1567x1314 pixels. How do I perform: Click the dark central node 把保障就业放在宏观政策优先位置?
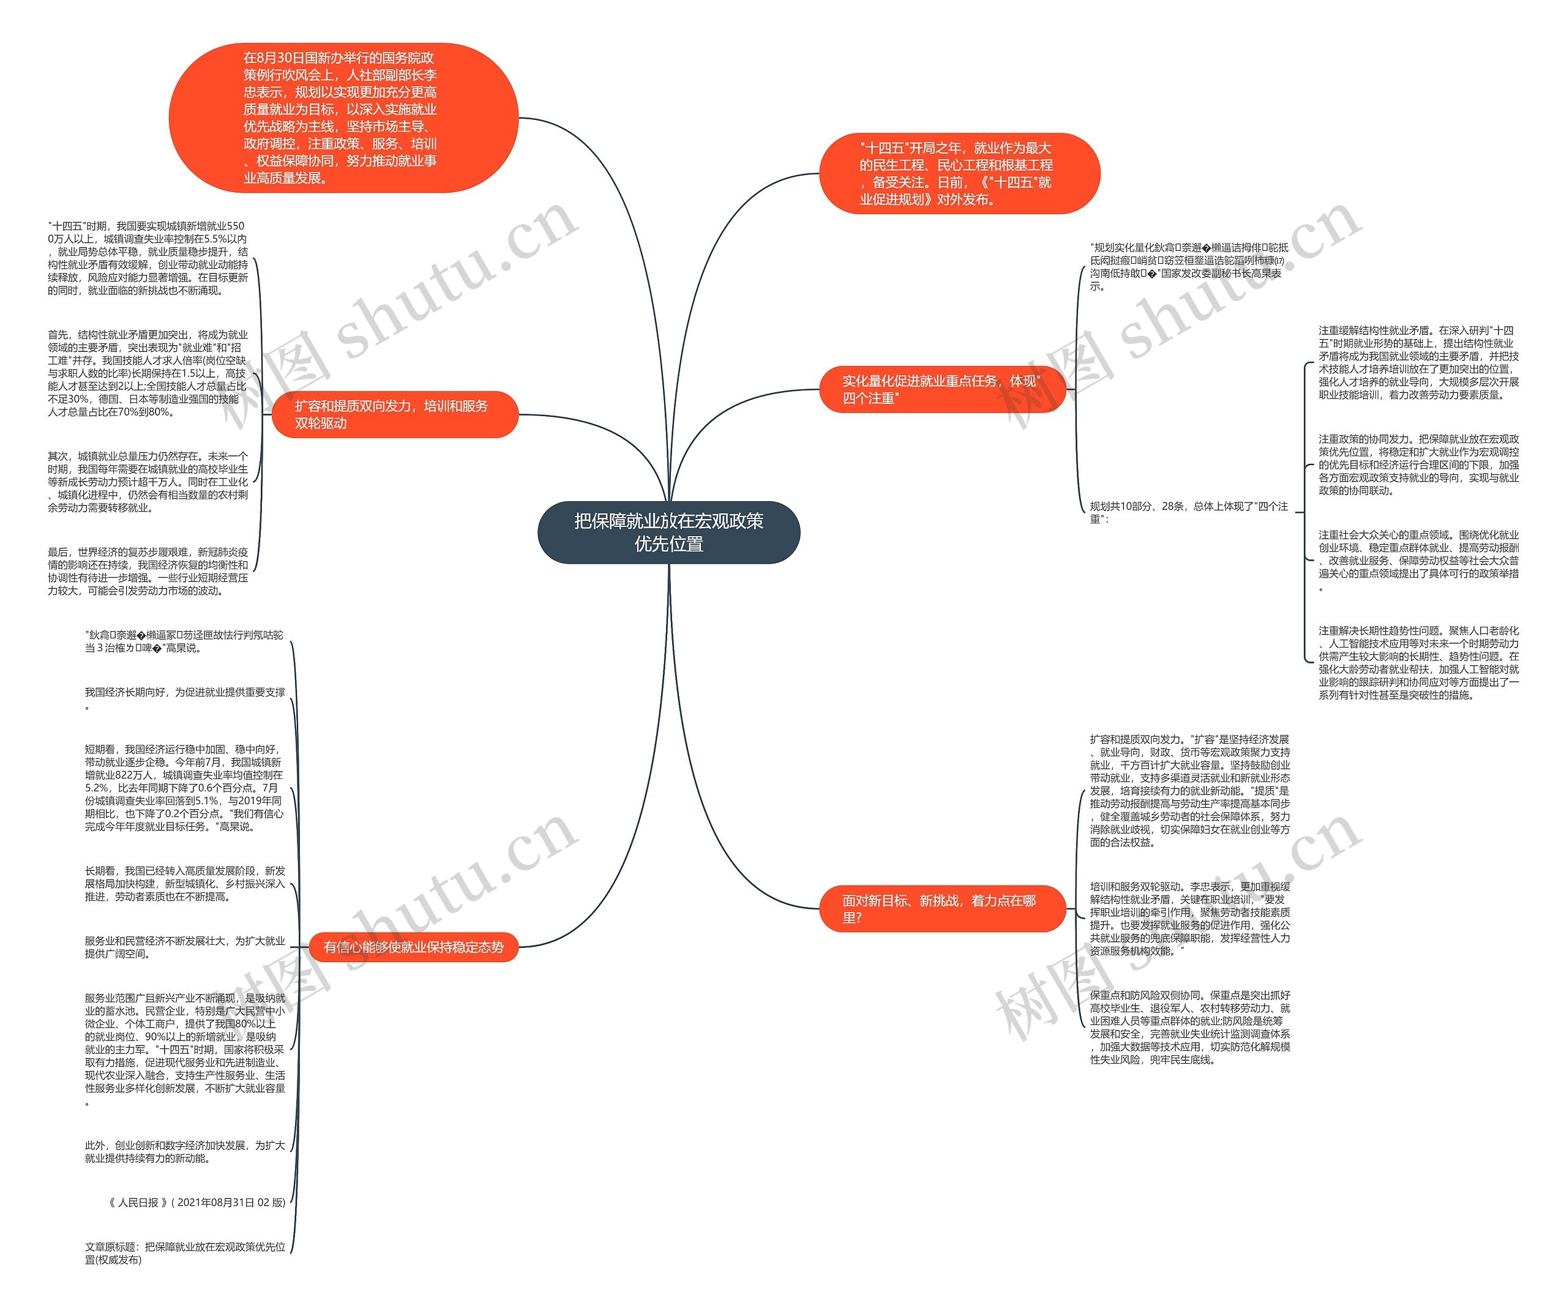(x=668, y=532)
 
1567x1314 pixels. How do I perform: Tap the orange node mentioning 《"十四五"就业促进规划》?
(x=959, y=174)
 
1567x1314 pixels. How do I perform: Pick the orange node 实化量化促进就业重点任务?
(x=941, y=389)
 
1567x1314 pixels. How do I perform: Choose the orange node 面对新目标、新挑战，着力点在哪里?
(x=941, y=909)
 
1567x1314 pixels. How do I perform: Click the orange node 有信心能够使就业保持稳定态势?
(x=413, y=947)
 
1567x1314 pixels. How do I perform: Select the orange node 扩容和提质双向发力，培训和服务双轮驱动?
(x=395, y=414)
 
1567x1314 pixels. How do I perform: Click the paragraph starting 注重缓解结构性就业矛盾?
(x=1418, y=363)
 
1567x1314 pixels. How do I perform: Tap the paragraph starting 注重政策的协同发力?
(x=1418, y=465)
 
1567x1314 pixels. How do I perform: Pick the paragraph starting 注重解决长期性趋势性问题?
(x=1418, y=663)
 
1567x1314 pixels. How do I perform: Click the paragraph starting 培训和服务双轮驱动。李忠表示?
(x=1189, y=919)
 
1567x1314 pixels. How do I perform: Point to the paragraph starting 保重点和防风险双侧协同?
(x=1189, y=1027)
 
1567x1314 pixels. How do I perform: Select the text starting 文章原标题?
(x=184, y=1253)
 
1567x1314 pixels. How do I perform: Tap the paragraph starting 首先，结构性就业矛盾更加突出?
(x=147, y=373)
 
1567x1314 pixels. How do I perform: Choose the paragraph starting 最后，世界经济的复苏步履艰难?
(x=147, y=571)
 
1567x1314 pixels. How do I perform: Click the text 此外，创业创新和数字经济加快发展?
(x=184, y=1151)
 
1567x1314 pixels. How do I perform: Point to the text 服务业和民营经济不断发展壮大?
(x=184, y=947)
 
